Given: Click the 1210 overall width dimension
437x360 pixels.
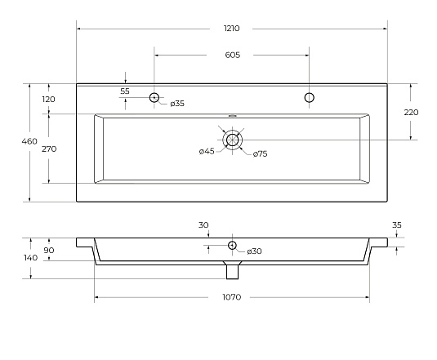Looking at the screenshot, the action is (x=232, y=29).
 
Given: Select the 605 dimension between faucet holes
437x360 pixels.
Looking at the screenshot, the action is (x=233, y=55).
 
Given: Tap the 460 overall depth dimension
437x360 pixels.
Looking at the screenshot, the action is (x=29, y=141).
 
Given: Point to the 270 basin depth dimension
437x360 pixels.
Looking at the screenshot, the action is (x=49, y=149).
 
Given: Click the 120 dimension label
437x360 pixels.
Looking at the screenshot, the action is (x=49, y=99).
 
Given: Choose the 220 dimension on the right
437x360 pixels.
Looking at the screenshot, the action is (x=411, y=112).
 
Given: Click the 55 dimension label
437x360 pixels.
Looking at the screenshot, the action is (x=125, y=91).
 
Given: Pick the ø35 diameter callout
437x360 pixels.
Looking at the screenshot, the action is (x=177, y=104).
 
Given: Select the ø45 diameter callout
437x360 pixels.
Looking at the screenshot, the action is (x=207, y=151).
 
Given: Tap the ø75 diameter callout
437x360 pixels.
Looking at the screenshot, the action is (x=261, y=153).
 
